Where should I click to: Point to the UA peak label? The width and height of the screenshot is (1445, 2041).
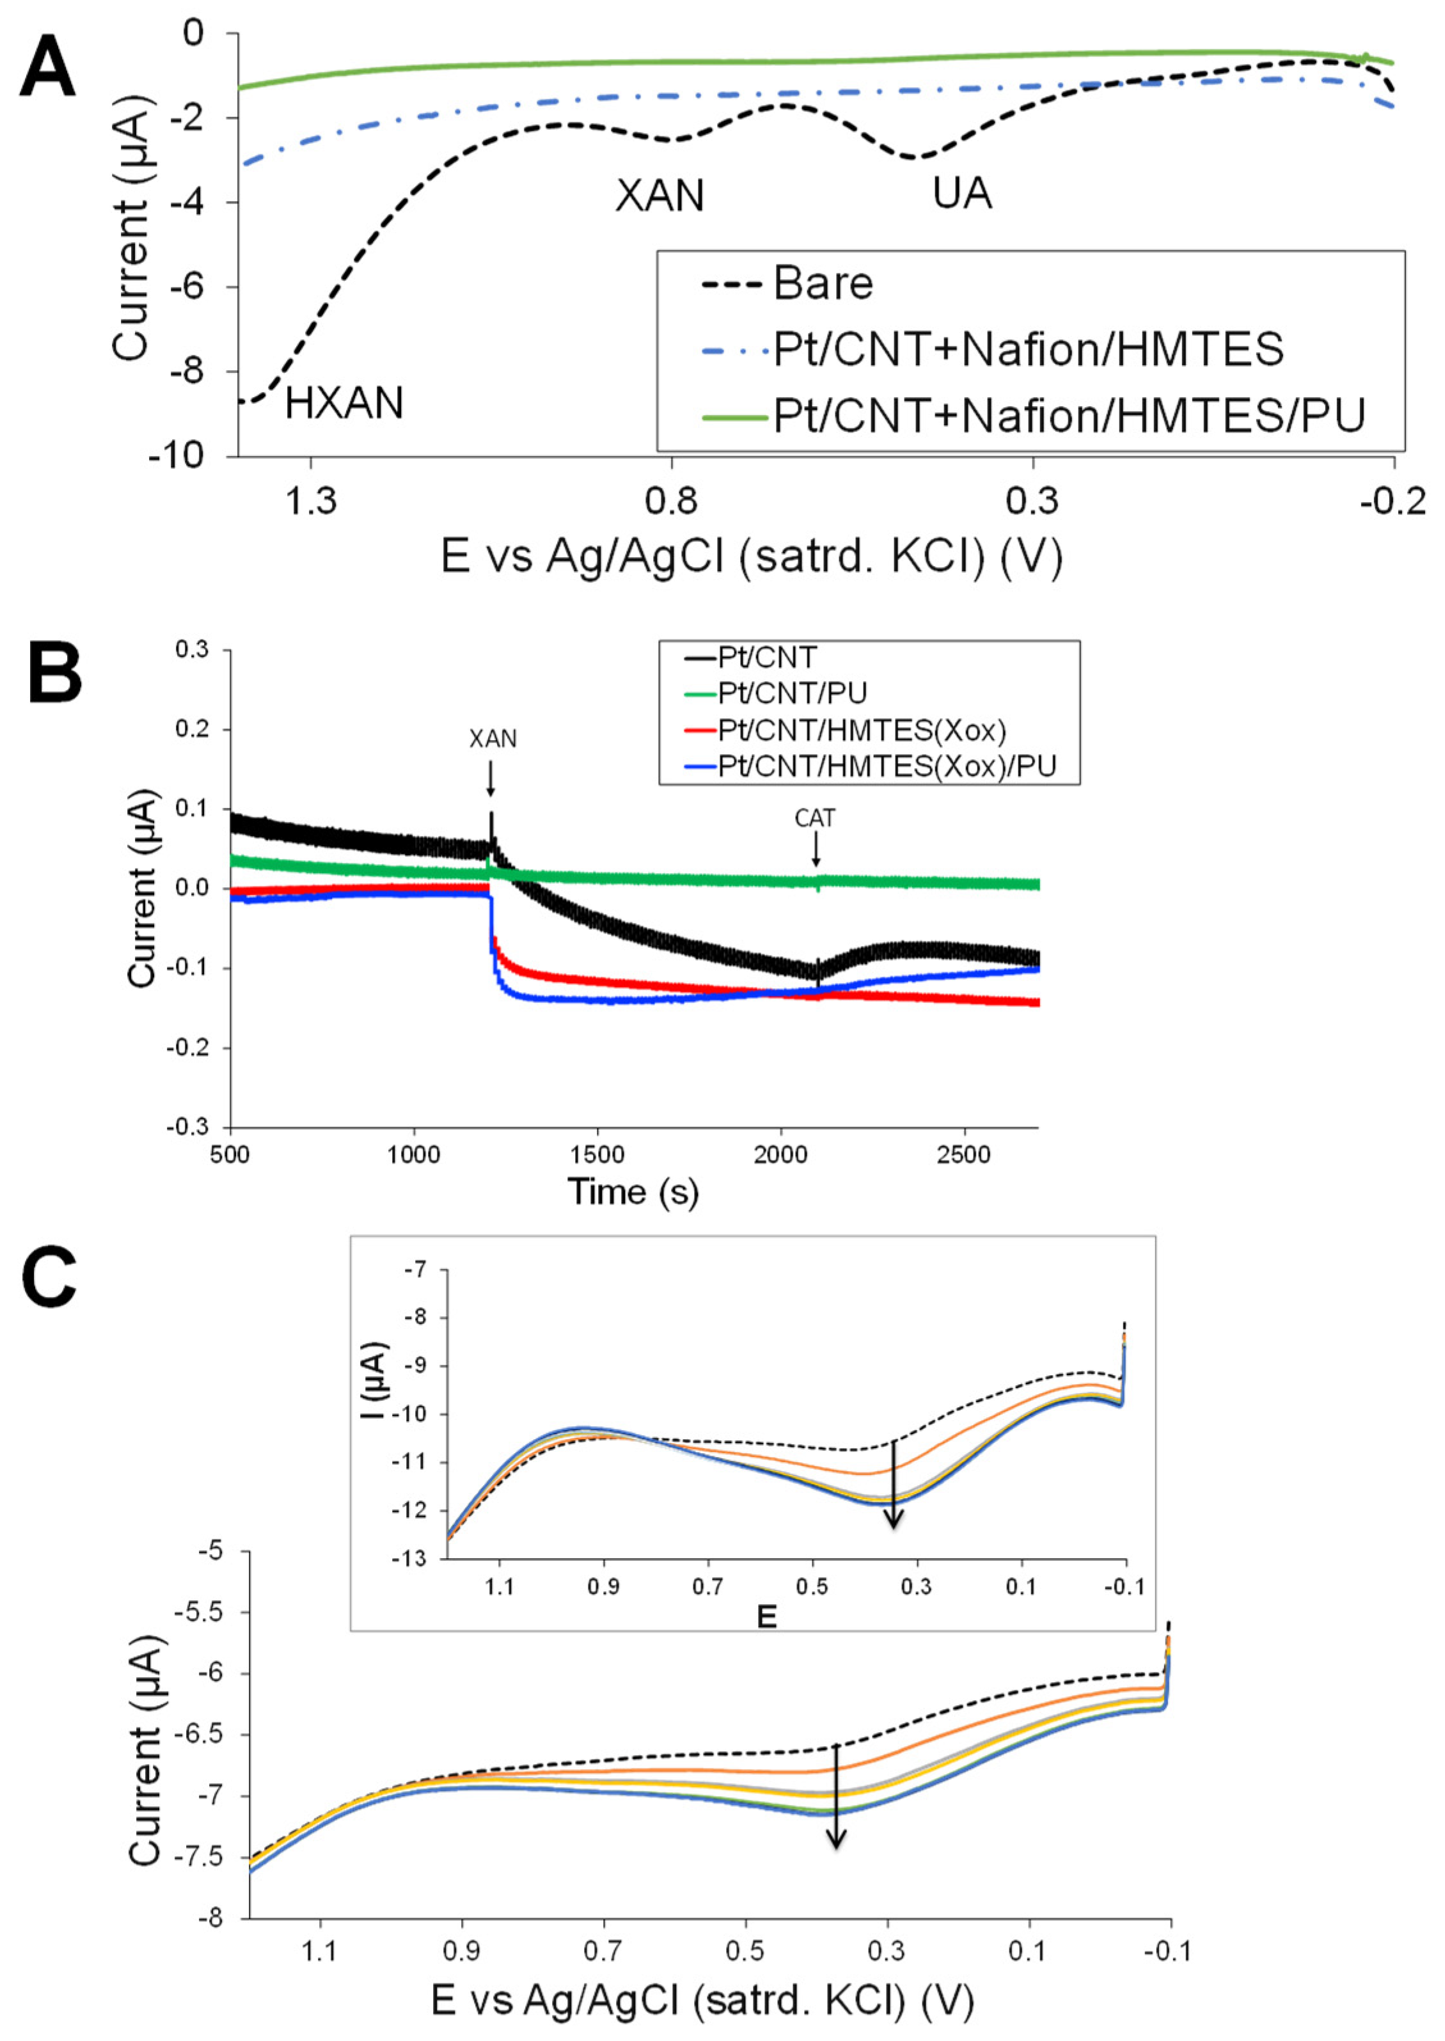tap(962, 193)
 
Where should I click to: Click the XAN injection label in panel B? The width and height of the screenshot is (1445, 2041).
tap(492, 739)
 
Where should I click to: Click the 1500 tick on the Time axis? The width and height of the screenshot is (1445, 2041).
tap(597, 1155)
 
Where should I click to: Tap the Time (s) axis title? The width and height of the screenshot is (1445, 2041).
tap(633, 1192)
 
